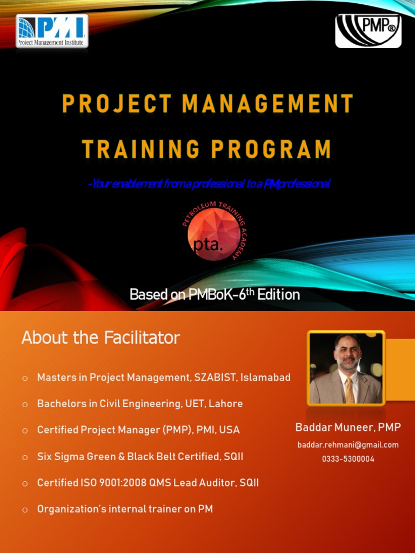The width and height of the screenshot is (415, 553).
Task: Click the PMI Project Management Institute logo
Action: tap(52, 31)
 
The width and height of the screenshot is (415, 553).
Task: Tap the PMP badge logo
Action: tap(368, 31)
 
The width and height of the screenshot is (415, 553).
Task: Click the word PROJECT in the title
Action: tap(117, 103)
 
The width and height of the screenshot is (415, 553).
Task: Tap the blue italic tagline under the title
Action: tap(208, 184)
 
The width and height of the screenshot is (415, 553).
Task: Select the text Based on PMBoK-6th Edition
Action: tap(215, 294)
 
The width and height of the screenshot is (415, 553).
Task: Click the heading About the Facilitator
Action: tap(101, 338)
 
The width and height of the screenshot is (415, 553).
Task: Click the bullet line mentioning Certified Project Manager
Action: tap(138, 430)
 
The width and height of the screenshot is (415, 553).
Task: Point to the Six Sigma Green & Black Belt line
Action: tap(140, 457)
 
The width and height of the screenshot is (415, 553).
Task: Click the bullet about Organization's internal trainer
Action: tap(125, 509)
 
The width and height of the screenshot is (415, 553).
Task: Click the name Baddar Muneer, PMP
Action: tap(348, 428)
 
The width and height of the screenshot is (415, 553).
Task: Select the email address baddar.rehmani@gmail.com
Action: tap(348, 445)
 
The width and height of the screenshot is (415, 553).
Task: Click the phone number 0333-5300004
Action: tap(348, 459)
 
